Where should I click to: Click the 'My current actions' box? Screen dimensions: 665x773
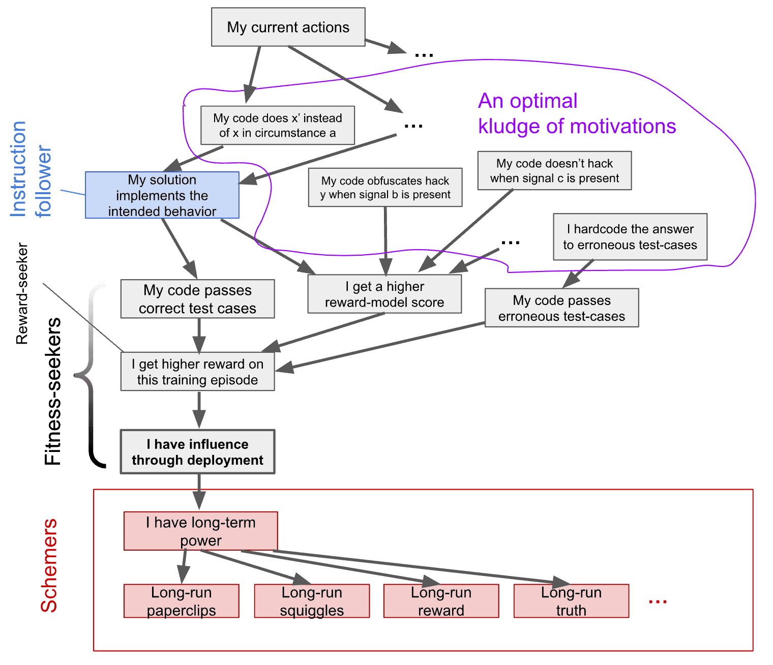[x=288, y=27]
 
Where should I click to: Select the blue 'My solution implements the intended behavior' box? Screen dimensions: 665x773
[x=162, y=195]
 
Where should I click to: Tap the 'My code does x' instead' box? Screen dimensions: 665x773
[x=277, y=125]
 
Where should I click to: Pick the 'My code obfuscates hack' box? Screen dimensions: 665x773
[x=385, y=188]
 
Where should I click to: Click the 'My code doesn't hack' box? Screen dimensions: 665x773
[x=554, y=170]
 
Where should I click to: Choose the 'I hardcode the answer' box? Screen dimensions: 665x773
[x=630, y=237]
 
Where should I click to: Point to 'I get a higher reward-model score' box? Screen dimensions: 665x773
[x=384, y=294]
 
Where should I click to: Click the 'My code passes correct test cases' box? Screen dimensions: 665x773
[x=197, y=299]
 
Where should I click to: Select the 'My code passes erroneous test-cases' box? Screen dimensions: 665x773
[x=561, y=308]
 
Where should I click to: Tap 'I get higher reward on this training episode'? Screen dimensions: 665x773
[x=197, y=372]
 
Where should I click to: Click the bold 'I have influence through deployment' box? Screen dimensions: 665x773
[x=197, y=452]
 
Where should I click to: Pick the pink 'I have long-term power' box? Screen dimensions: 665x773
[x=200, y=531]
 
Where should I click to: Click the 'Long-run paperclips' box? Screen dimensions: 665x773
[x=181, y=601]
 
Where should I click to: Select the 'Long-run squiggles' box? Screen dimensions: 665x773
[x=312, y=601]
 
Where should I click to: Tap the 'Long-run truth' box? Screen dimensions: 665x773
[x=571, y=601]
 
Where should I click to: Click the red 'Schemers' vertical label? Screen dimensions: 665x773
[x=49, y=565]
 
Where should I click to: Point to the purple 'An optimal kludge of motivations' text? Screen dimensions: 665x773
[x=576, y=113]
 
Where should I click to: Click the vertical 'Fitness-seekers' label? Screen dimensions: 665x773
[x=53, y=391]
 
